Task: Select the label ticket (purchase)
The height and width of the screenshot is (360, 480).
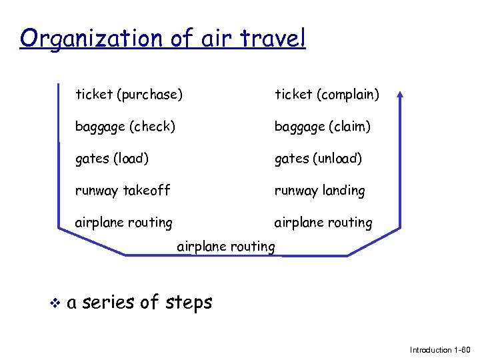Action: point(129,95)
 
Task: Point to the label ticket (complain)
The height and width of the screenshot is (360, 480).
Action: point(327,95)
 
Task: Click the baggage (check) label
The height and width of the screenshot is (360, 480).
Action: point(125,126)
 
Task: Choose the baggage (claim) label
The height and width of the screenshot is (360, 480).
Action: point(323,126)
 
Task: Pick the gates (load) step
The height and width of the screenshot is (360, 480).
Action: point(112,159)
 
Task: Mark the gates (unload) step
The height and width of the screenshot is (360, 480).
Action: point(319,159)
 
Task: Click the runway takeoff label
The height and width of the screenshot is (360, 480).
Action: point(123,191)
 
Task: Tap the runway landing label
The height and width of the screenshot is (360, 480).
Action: point(320,191)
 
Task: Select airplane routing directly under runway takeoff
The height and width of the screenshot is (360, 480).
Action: point(124,223)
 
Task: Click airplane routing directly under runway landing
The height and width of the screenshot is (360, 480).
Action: point(323,223)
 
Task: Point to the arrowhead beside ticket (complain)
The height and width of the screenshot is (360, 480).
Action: point(400,95)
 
